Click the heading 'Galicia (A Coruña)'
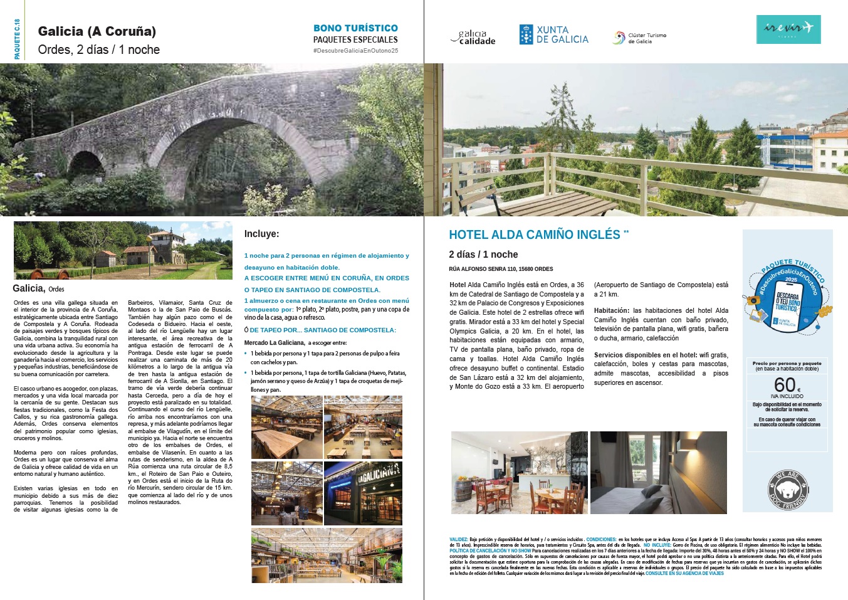pyautogui.click(x=97, y=31)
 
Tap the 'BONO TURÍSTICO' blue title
pyautogui.click(x=355, y=28)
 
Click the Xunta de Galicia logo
pyautogui.click(x=553, y=34)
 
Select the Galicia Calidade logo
pyautogui.click(x=473, y=38)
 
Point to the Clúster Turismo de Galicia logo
pyautogui.click(x=639, y=38)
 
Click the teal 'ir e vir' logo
pyautogui.click(x=788, y=29)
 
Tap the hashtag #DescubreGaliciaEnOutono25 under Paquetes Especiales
pyautogui.click(x=355, y=51)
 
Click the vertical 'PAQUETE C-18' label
pyautogui.click(x=17, y=39)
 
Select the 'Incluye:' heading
pyautogui.click(x=261, y=234)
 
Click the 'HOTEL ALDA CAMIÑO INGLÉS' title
pyautogui.click(x=534, y=234)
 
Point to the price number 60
pyautogui.click(x=785, y=384)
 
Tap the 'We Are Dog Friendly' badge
pyautogui.click(x=787, y=489)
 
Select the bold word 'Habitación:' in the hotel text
pyautogui.click(x=611, y=310)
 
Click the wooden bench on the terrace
pyautogui.click(x=564, y=204)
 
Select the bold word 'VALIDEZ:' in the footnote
pyautogui.click(x=458, y=539)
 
